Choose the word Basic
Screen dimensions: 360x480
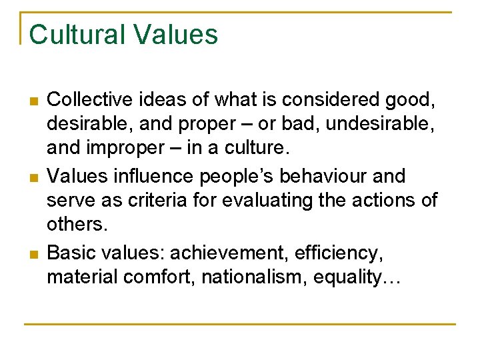click(x=71, y=253)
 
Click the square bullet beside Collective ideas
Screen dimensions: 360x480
click(x=32, y=101)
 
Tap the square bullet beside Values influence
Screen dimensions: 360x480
click(x=32, y=177)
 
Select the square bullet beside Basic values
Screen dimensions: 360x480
click(x=32, y=254)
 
